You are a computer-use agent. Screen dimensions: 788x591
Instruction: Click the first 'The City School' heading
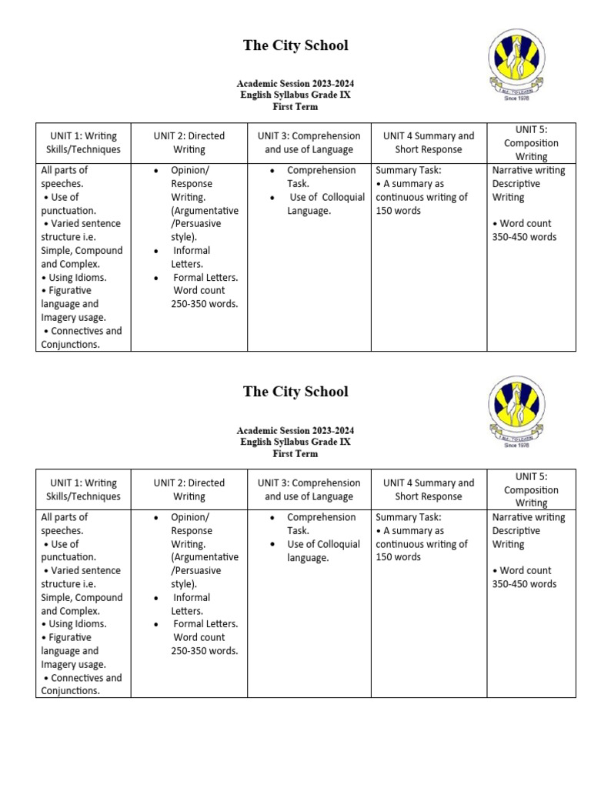295,45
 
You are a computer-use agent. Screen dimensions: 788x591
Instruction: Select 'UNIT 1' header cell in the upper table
83,142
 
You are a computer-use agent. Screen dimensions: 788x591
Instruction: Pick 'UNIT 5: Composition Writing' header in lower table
531,489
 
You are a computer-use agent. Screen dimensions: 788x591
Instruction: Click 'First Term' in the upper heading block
295,107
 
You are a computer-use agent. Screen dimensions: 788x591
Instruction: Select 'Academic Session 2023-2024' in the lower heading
295,430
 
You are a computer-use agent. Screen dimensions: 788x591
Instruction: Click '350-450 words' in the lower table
524,584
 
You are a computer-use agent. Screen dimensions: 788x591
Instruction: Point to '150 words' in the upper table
399,211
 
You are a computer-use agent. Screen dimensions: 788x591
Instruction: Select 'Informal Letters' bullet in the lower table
191,604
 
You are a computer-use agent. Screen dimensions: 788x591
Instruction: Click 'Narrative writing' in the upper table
529,170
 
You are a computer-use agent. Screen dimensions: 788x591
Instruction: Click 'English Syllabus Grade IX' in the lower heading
295,442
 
